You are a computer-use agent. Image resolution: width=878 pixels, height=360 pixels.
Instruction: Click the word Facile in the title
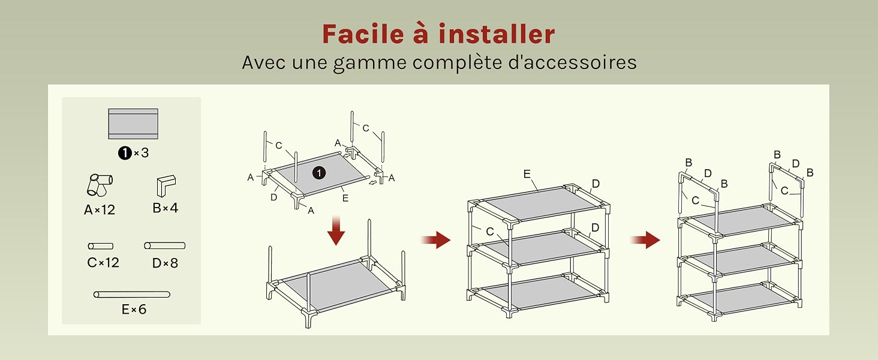(363, 34)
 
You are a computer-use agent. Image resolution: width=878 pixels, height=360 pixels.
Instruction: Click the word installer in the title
(497, 34)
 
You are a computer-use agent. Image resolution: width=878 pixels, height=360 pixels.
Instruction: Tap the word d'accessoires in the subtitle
(572, 63)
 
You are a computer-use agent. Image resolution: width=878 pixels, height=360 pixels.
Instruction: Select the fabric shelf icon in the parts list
(133, 124)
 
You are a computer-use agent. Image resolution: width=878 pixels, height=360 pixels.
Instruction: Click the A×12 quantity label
(100, 210)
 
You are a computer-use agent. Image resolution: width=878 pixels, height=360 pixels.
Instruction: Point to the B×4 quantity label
(166, 208)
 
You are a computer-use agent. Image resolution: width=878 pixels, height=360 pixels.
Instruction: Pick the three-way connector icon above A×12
(100, 185)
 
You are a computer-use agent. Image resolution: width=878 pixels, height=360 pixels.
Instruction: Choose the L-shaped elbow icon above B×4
(166, 185)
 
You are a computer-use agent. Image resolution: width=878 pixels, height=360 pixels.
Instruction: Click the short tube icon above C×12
(101, 246)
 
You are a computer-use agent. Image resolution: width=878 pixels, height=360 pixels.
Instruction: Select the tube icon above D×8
(164, 245)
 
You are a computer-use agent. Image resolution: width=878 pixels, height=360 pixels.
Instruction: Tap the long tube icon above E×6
(132, 295)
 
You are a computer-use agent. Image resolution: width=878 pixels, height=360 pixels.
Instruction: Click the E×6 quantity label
(134, 310)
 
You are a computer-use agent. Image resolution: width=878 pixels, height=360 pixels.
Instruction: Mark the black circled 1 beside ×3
(125, 152)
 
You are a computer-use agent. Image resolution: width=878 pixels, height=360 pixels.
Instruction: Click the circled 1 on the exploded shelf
(319, 173)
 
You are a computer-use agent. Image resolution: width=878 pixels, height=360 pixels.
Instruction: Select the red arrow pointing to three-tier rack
(435, 239)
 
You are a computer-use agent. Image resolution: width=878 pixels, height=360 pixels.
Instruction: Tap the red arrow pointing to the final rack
(645, 239)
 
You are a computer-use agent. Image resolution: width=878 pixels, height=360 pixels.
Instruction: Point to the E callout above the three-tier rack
(527, 174)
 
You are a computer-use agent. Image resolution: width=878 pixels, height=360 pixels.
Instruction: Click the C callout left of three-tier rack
(490, 232)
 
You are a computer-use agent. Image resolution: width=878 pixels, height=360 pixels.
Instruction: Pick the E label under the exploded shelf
(345, 199)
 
